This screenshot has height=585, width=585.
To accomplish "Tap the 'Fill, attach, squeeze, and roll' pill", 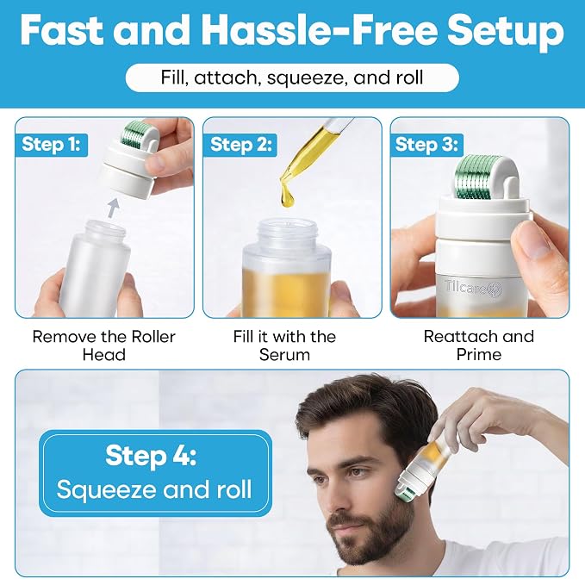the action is click(x=292, y=78).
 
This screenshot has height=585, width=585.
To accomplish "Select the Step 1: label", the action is click(x=52, y=145).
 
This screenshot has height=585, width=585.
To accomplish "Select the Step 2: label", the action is click(x=240, y=145).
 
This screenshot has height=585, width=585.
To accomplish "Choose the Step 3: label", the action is click(x=426, y=145).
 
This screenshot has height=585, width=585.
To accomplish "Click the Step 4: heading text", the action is click(x=151, y=455).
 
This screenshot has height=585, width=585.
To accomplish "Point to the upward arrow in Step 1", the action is click(x=114, y=208).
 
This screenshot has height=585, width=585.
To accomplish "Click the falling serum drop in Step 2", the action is click(x=287, y=195).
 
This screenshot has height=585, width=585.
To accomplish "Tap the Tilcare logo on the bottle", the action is click(x=474, y=289).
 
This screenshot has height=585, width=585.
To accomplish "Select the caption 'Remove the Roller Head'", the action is click(x=103, y=345).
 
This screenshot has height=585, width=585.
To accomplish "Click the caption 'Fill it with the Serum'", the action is click(x=284, y=345).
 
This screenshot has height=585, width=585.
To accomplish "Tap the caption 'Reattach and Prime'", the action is click(x=479, y=345).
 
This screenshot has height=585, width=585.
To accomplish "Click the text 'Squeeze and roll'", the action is click(x=154, y=489).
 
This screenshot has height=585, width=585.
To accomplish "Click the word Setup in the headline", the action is click(x=506, y=32).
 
